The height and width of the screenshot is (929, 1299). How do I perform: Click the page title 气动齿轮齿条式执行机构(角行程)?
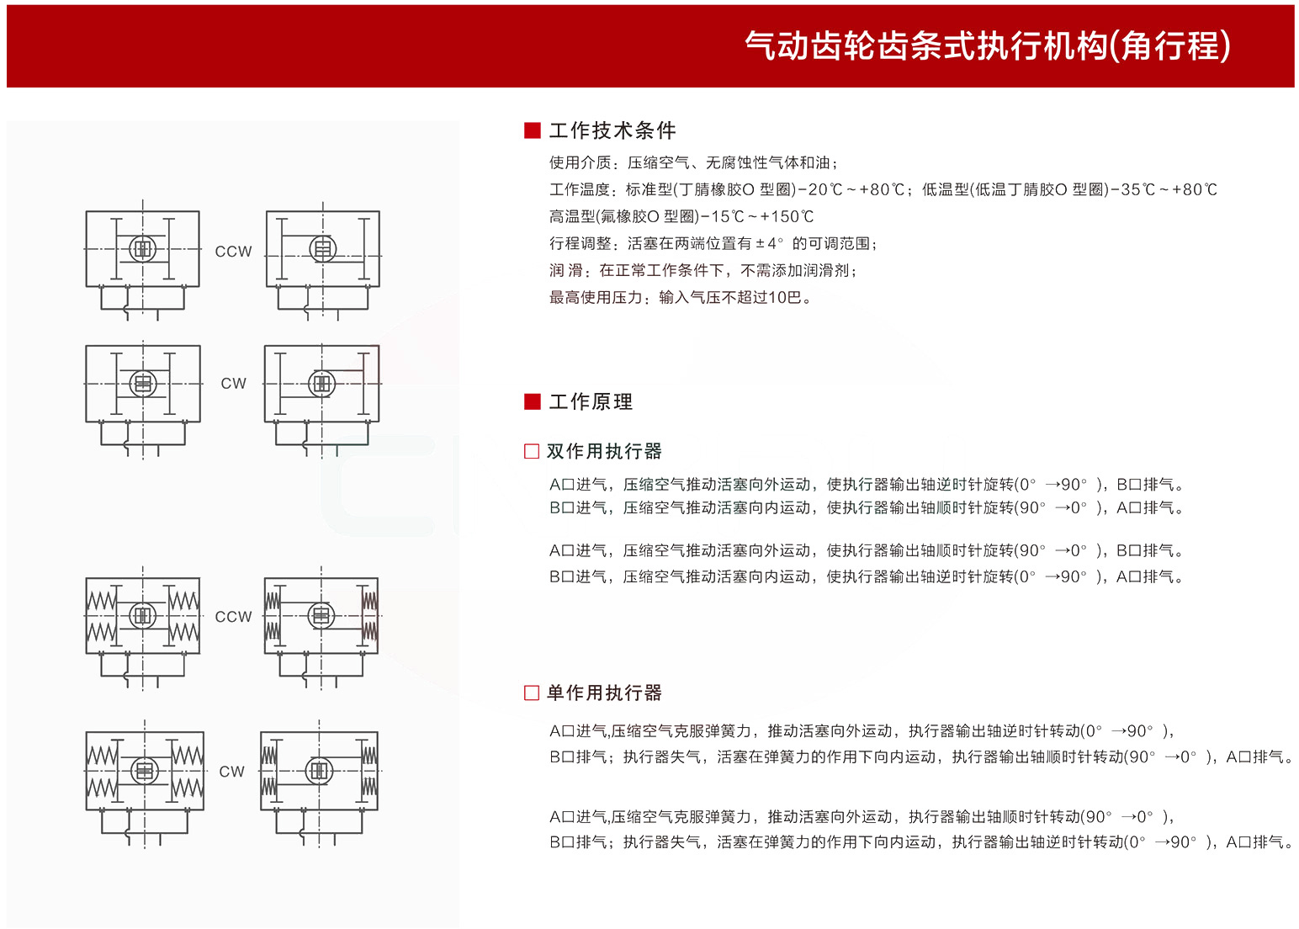tap(988, 45)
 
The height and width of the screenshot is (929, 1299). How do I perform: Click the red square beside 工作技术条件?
tap(532, 130)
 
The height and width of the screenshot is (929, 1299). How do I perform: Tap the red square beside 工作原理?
tap(532, 401)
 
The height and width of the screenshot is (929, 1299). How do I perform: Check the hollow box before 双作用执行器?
tap(531, 451)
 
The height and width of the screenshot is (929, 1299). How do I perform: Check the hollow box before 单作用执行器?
tap(531, 693)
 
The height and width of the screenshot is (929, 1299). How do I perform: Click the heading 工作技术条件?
tap(612, 130)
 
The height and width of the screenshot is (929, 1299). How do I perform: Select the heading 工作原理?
tap(591, 401)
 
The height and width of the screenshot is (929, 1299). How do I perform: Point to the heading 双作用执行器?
tap(604, 451)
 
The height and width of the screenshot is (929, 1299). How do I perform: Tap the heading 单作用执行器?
tap(604, 693)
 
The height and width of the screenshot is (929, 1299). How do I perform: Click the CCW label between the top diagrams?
tap(233, 252)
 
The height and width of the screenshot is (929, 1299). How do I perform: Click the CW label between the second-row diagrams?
tap(233, 384)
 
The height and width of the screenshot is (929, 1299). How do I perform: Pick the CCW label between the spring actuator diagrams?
tap(233, 617)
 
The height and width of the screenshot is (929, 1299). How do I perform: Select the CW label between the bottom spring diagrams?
tap(232, 772)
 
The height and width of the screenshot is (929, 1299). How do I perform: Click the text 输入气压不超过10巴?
tap(730, 298)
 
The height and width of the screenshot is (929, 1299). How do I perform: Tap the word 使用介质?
tap(580, 163)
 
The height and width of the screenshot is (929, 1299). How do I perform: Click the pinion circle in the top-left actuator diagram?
tap(143, 249)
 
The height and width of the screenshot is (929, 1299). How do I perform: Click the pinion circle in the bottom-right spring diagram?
tap(320, 771)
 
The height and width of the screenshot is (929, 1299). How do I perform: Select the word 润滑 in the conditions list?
tap(566, 271)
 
